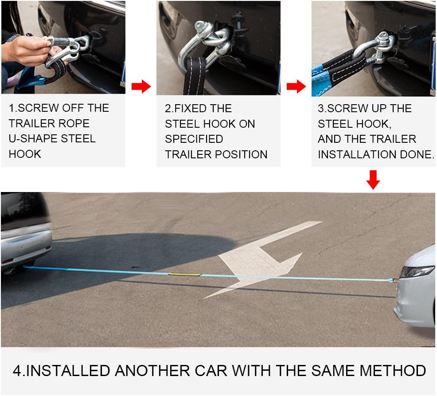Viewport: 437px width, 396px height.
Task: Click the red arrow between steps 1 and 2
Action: click(x=141, y=86)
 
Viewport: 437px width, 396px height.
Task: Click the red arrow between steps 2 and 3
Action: click(x=296, y=86)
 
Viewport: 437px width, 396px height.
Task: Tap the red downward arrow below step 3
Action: click(x=373, y=180)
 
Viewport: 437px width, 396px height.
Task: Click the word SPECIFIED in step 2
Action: click(x=194, y=139)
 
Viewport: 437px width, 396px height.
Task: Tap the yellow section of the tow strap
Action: click(x=184, y=274)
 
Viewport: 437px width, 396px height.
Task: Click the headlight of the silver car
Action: click(x=417, y=272)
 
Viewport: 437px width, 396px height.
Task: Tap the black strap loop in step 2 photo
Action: click(x=195, y=75)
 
